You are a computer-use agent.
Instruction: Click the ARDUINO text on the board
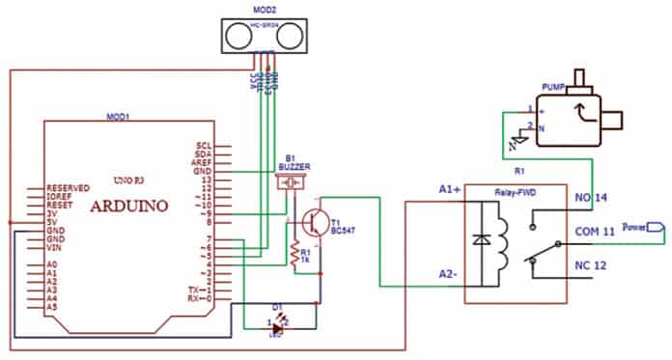pyautogui.click(x=129, y=206)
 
